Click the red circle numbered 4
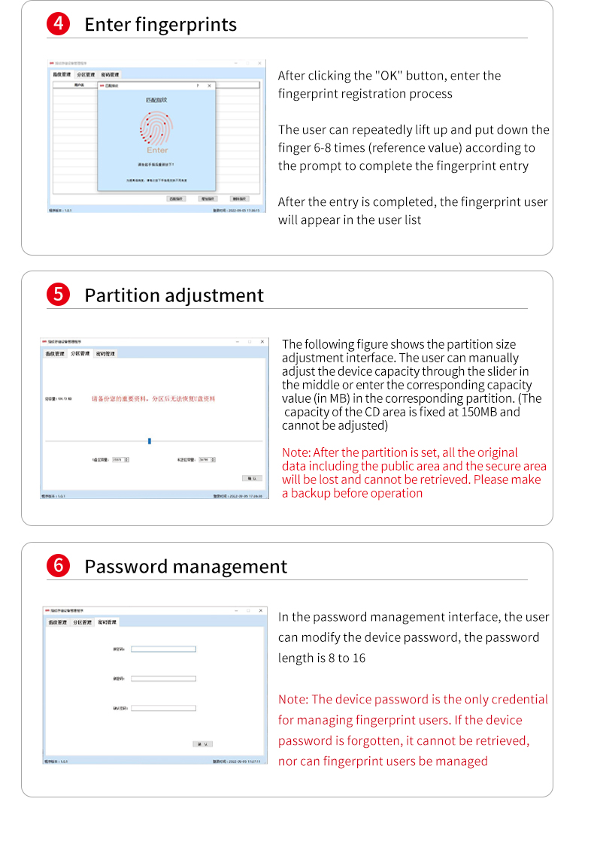pyautogui.click(x=58, y=24)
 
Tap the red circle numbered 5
pyautogui.click(x=58, y=295)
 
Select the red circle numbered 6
pyautogui.click(x=58, y=566)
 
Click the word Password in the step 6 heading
pyautogui.click(x=124, y=567)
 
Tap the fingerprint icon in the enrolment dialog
pyautogui.click(x=157, y=128)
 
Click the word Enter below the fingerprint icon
pyautogui.click(x=157, y=150)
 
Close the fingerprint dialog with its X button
pyautogui.click(x=209, y=86)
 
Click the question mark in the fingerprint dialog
pyautogui.click(x=198, y=86)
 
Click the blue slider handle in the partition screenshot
pyautogui.click(x=150, y=440)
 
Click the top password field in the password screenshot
pyautogui.click(x=163, y=649)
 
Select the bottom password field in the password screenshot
pyautogui.click(x=163, y=708)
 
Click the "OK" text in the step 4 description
pyautogui.click(x=389, y=76)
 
